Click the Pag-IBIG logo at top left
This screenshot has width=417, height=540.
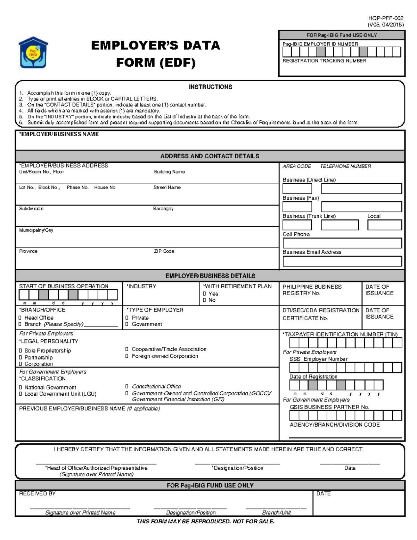pos(33,52)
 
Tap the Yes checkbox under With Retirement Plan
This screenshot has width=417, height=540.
pos(204,294)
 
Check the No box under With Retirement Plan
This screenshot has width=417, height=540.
pos(204,300)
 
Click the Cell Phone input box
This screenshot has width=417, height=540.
pos(342,243)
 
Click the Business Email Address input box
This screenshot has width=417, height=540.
pos(342,261)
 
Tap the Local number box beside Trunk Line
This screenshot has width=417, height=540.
pos(385,225)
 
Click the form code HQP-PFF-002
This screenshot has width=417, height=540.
pos(386,18)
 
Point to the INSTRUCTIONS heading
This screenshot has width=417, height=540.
pos(210,87)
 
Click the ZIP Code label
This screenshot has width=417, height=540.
pos(164,251)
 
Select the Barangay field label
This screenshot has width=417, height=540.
pos(163,209)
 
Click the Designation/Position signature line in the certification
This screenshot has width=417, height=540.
pos(237,463)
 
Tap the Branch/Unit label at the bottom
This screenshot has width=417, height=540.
pos(276,513)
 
